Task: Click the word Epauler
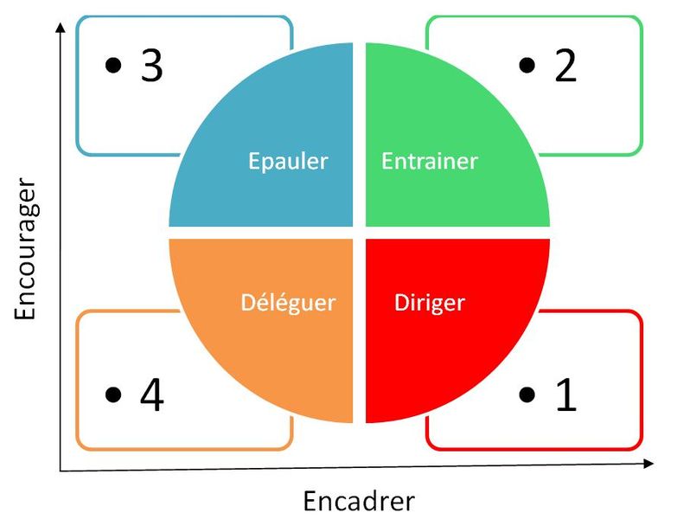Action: point(288,162)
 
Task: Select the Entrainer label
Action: point(430,161)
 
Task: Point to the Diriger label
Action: point(429,303)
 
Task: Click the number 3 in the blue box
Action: point(151,67)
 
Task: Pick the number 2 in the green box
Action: point(565,67)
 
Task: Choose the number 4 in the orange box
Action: point(151,395)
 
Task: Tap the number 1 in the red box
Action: point(566,395)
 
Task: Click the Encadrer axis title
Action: point(359,501)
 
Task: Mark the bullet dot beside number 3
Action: point(112,66)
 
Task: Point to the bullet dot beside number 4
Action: point(112,395)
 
